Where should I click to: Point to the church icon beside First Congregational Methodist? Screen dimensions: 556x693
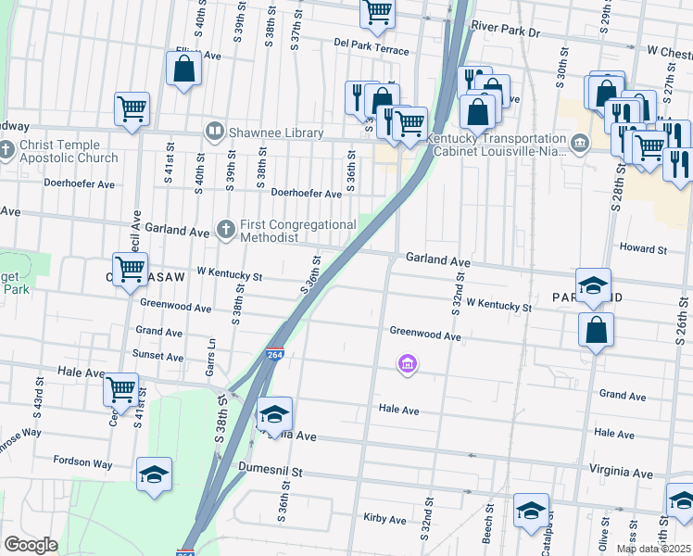(225, 228)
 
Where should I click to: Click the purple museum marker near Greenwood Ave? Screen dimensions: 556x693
(406, 365)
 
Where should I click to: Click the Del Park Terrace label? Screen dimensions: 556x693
(371, 47)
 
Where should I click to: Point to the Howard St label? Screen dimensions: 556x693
(643, 248)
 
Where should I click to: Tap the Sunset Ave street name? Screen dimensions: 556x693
(158, 356)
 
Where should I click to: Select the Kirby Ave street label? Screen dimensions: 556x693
(385, 519)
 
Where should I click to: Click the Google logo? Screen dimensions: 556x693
(31, 545)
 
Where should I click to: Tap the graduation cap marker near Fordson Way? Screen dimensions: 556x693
(155, 475)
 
